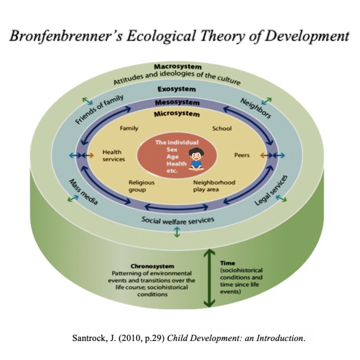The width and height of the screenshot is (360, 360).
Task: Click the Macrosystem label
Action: tap(177, 67)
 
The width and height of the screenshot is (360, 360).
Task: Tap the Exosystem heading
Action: tap(176, 89)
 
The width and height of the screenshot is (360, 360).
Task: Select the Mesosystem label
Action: tap(177, 103)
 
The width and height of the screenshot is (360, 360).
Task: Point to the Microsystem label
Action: tap(177, 114)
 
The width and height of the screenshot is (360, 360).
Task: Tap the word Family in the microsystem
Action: tap(129, 128)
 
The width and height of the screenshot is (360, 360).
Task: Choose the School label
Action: tap(221, 128)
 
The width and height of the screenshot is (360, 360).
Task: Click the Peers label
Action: tap(242, 155)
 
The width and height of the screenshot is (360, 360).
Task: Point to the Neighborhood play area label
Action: tap(214, 186)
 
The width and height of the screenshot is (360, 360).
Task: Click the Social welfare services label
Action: tap(177, 220)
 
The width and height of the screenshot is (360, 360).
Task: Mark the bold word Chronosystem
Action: tap(152, 266)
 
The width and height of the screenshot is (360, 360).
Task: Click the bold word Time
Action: tap(228, 263)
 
